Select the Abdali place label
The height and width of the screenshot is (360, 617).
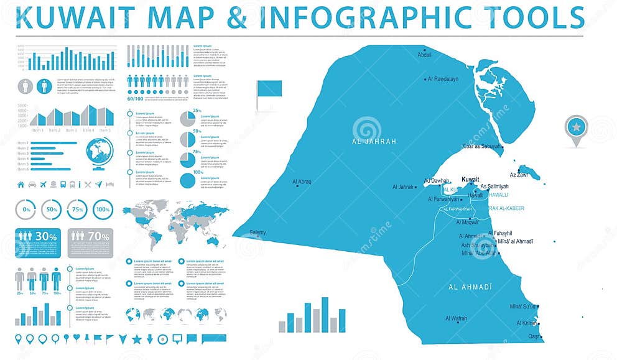(x=424, y=55)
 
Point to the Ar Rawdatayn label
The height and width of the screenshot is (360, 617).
(x=443, y=79)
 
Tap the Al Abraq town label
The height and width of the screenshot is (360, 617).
(x=302, y=182)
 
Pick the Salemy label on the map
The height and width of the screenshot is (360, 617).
(x=257, y=233)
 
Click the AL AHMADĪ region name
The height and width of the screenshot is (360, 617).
(x=470, y=286)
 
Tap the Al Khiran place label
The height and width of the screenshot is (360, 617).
(x=526, y=323)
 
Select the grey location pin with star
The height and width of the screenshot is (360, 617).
(x=575, y=128)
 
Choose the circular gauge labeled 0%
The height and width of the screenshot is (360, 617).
(x=27, y=210)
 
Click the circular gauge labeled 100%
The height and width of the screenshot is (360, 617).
(x=103, y=210)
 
